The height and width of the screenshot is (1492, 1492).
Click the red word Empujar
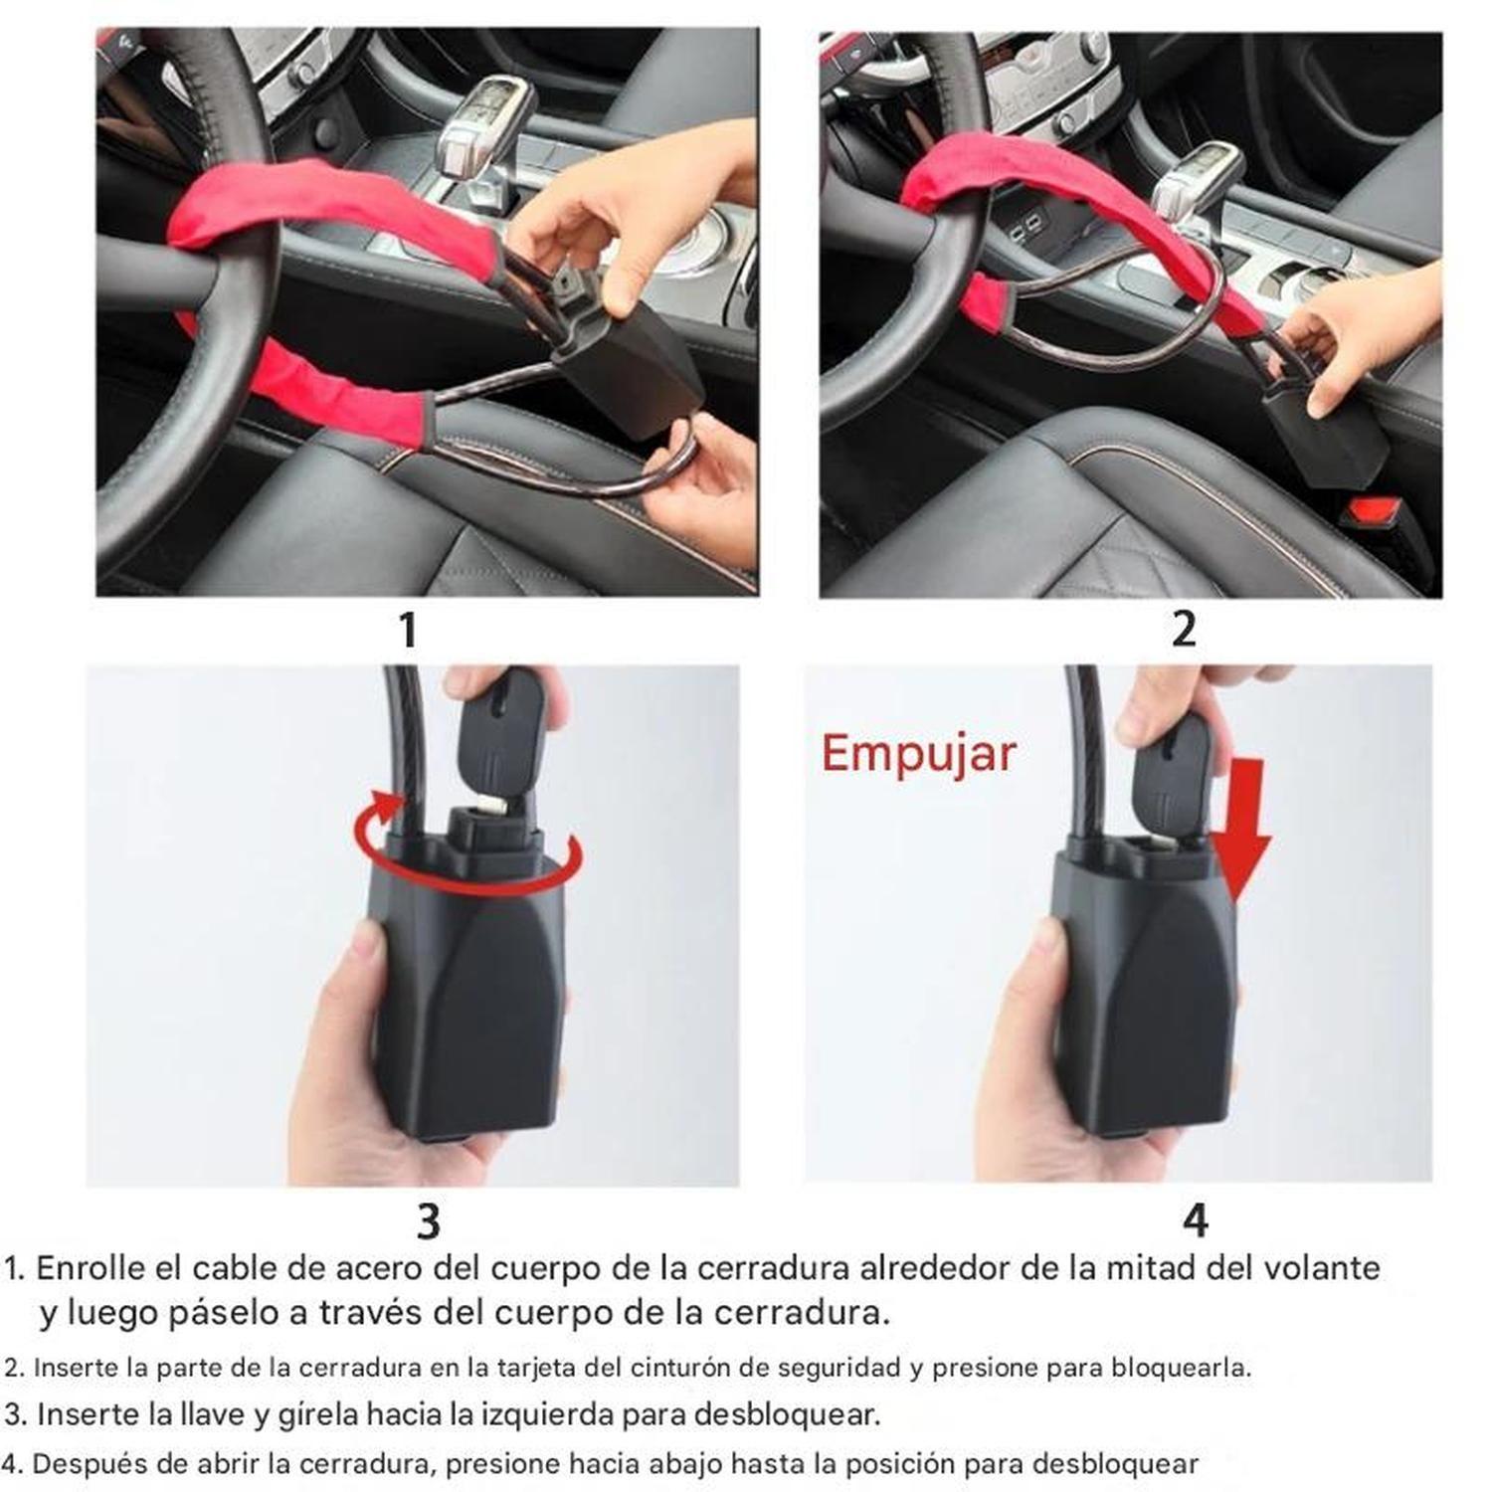click(917, 753)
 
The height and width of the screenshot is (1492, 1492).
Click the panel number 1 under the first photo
click(407, 631)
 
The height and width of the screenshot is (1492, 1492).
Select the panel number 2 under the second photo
click(1183, 630)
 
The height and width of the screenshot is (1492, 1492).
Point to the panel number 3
click(428, 1220)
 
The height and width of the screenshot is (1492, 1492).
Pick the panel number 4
click(1196, 1219)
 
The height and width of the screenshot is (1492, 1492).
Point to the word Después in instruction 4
click(93, 1464)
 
